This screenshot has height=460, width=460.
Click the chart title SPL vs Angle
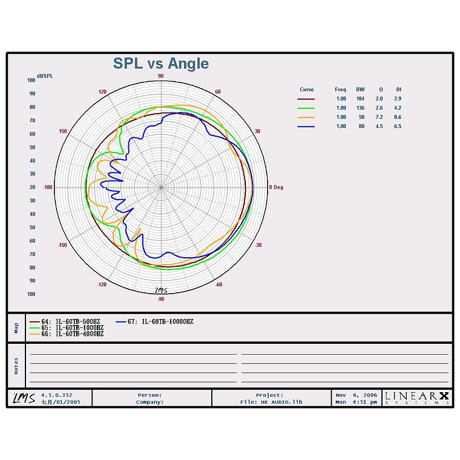pyautogui.click(x=161, y=64)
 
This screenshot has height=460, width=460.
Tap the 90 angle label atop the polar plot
pyautogui.click(x=161, y=76)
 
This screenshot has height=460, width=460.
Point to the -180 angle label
pyautogui.click(x=48, y=187)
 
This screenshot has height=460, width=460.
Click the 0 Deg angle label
pyautogui.click(x=276, y=187)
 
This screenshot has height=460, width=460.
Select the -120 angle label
pyautogui.click(x=102, y=284)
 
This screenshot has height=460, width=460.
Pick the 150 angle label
pyautogui.click(x=63, y=131)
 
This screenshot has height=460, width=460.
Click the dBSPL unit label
pyautogui.click(x=45, y=76)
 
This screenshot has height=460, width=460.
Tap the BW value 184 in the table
pyautogui.click(x=360, y=99)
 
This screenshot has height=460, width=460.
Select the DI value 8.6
pyautogui.click(x=398, y=117)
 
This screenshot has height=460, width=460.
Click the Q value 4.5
pyautogui.click(x=379, y=126)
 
